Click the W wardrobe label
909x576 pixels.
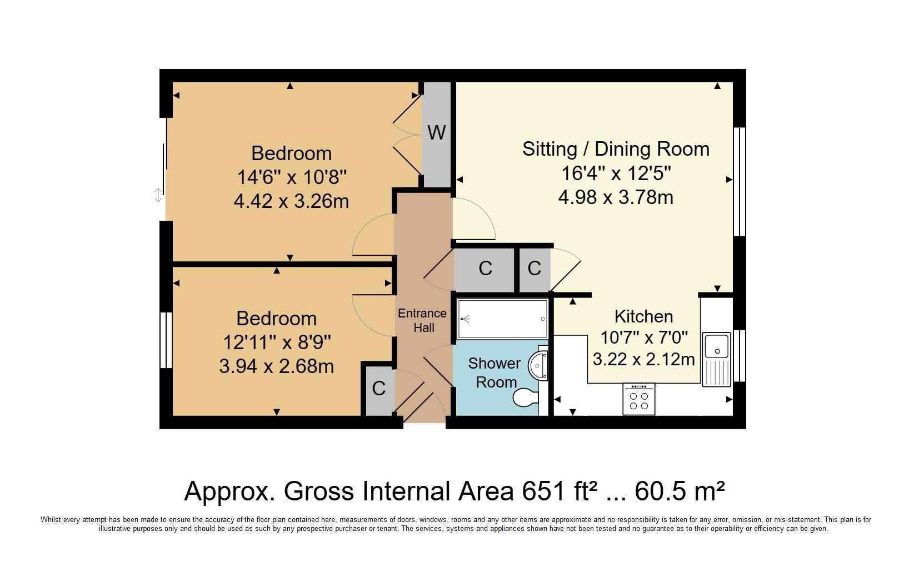pos(437,132)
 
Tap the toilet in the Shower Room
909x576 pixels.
pos(526,398)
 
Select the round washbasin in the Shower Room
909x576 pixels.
pos(538,365)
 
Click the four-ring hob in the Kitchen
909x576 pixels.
pos(639,399)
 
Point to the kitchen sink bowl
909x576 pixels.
pos(717,346)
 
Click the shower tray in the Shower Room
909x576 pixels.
pos(502,319)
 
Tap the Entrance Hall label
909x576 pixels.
pos(422,320)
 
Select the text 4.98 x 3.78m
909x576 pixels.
pos(616,198)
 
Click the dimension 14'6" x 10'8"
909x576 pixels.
pos(292,177)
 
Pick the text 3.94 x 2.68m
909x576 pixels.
pos(276,366)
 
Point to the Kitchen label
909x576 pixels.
pos(643,316)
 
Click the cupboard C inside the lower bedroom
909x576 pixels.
pos(378,389)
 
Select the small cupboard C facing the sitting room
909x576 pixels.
pos(535,269)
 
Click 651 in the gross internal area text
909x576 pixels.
pos(543,491)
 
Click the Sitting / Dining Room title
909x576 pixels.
pos(616,149)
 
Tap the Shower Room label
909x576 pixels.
pos(495,373)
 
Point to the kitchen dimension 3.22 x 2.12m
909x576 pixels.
pos(643,360)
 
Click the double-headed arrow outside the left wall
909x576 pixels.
pos(158,195)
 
